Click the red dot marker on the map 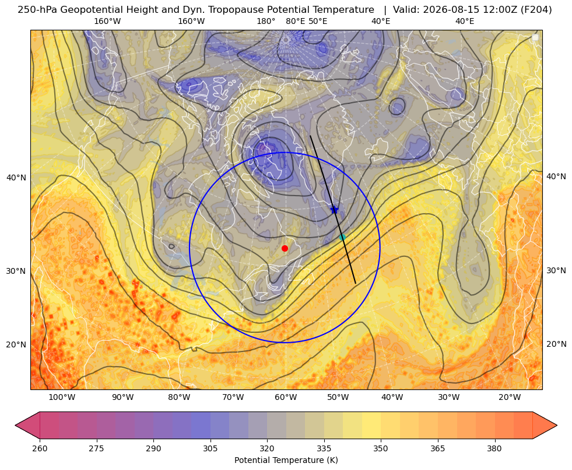(285, 248)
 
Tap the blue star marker (334, 209)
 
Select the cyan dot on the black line (342, 238)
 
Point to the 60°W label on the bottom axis (286, 398)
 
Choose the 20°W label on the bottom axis (510, 398)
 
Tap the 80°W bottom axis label (179, 398)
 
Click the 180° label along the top (266, 21)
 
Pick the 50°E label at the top (318, 21)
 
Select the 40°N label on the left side (16, 177)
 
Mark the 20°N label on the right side (556, 344)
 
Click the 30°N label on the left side (16, 271)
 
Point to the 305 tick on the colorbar (210, 448)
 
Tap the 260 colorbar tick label (40, 448)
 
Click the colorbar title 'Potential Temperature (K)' (286, 460)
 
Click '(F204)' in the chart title (538, 10)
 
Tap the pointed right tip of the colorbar (557, 425)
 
